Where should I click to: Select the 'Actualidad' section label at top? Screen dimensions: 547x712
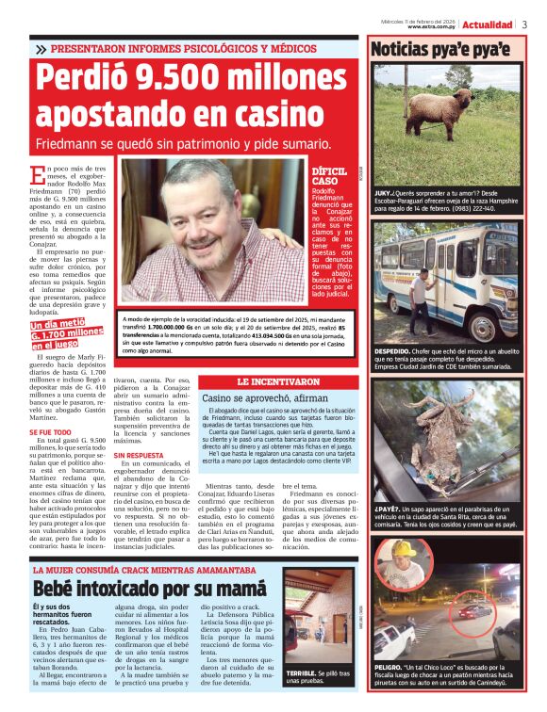point(488,24)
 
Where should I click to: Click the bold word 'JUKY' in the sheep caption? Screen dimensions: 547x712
point(381,190)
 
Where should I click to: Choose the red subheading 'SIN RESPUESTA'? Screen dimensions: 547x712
point(138,455)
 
